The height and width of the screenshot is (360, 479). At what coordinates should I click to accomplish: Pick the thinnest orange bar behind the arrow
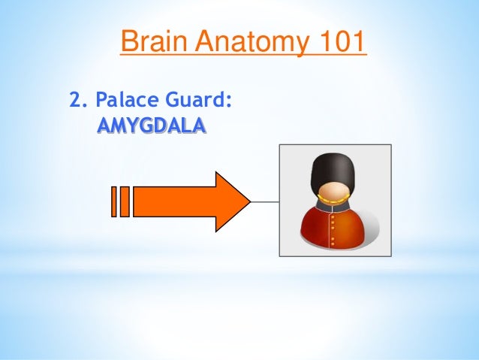point(114,201)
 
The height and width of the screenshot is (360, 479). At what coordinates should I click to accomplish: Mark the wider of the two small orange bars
point(125,201)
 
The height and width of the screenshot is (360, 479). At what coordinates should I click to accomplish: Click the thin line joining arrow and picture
point(264,201)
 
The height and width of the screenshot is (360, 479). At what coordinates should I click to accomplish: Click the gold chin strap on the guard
point(334,201)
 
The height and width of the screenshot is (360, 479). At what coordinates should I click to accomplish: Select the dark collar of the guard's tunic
point(334,210)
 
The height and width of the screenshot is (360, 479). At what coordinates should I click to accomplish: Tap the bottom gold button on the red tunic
point(333,244)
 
